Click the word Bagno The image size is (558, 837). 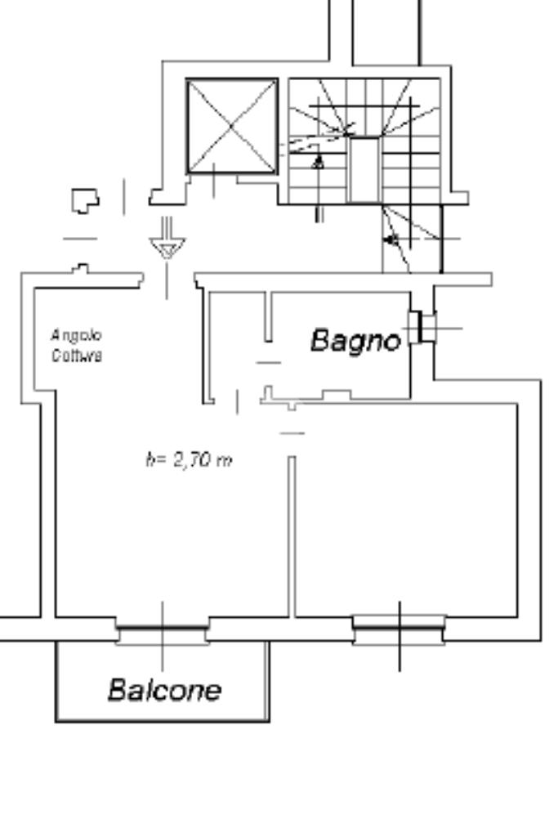(355, 340)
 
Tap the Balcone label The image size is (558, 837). (164, 690)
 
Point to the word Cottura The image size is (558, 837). (76, 356)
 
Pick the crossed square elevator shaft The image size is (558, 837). (232, 125)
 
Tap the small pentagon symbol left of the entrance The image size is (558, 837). (85, 199)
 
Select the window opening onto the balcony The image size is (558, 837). (162, 631)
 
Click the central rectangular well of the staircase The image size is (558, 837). (364, 168)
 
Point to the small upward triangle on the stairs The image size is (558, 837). (319, 162)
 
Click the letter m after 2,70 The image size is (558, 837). (225, 461)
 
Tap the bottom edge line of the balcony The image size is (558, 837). (163, 721)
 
